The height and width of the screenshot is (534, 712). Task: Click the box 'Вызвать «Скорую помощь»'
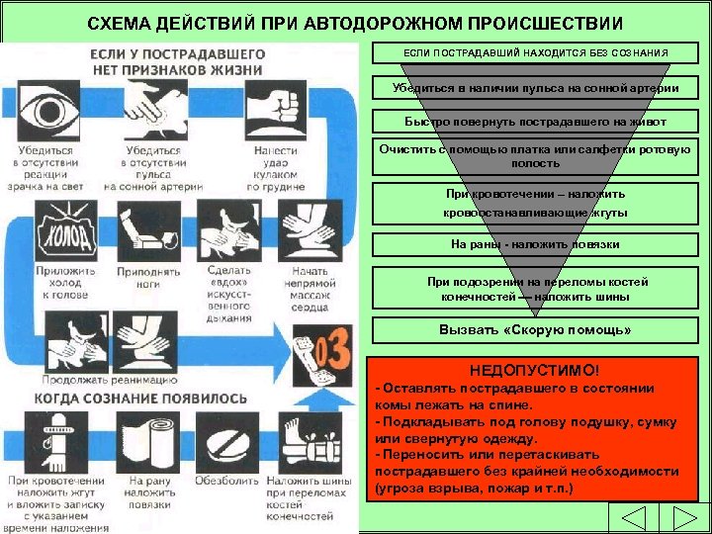534,329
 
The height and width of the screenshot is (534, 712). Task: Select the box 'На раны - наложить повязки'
534,243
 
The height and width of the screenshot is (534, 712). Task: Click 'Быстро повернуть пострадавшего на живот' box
534,122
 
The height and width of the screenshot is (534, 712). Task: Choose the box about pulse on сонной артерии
534,88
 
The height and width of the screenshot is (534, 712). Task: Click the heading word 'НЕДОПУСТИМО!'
534,369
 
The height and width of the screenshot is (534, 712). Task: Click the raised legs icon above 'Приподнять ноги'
148,233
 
